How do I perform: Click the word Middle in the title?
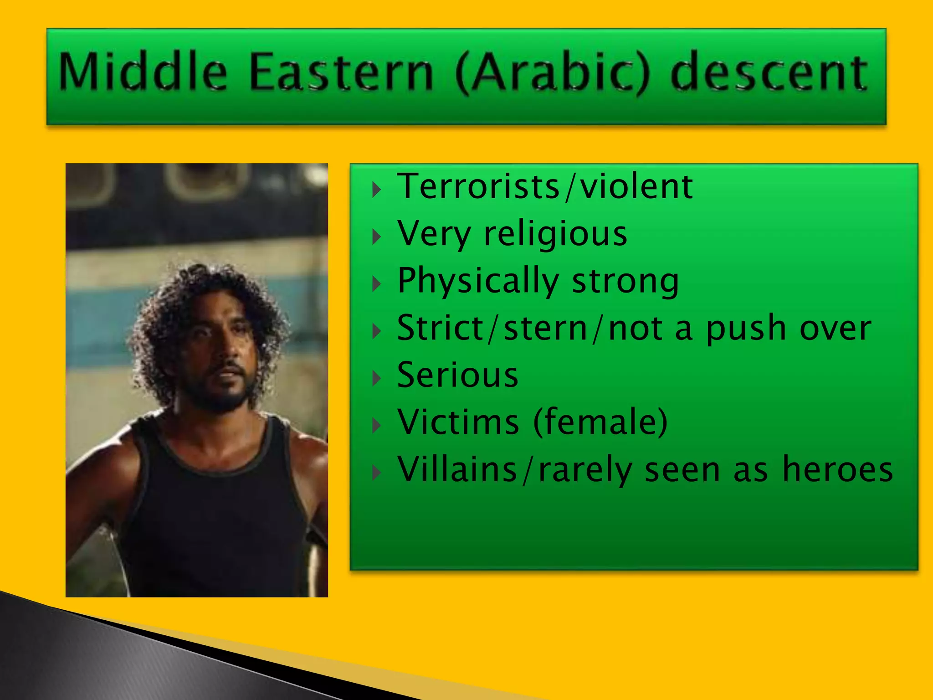[143, 72]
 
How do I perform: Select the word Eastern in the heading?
[342, 72]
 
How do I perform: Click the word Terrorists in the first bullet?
[478, 186]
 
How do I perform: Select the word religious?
[555, 234]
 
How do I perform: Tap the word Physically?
[478, 281]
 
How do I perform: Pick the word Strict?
[440, 328]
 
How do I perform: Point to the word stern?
[546, 329]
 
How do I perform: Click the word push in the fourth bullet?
[746, 329]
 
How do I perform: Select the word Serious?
[457, 375]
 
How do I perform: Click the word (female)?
[600, 422]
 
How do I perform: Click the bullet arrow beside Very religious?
[376, 237]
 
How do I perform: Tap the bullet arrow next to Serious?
[376, 378]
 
